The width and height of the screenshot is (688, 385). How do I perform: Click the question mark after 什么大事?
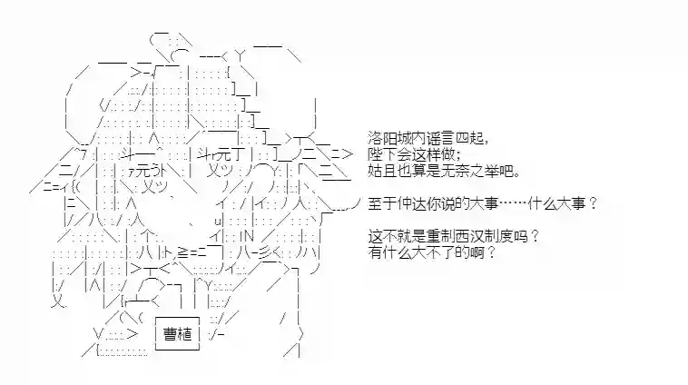[x=594, y=202]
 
